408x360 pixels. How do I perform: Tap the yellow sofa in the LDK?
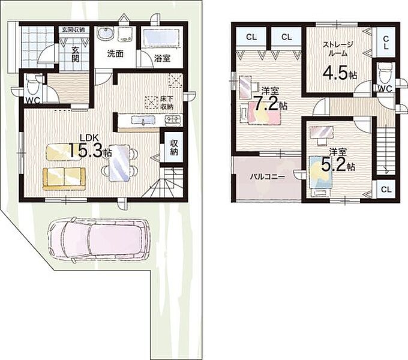click(x=64, y=179)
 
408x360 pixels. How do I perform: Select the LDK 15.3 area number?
click(x=86, y=150)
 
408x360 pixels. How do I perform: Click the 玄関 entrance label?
click(x=75, y=55)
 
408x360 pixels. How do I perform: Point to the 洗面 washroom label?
click(x=115, y=54)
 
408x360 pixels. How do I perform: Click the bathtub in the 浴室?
click(x=161, y=38)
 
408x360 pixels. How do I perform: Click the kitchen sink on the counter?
click(x=143, y=121)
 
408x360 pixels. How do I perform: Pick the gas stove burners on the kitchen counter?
click(x=173, y=121)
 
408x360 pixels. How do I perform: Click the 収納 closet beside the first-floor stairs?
click(x=174, y=148)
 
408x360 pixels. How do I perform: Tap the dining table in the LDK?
click(x=119, y=163)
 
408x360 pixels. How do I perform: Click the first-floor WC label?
click(x=33, y=100)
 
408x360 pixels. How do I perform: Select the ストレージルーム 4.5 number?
click(x=335, y=73)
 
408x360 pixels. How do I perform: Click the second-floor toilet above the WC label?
click(x=385, y=73)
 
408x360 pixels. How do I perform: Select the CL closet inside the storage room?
click(x=386, y=43)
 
